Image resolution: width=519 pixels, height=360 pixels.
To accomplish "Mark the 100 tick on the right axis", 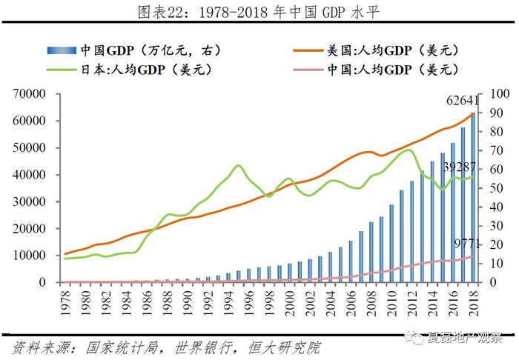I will (x=499, y=94).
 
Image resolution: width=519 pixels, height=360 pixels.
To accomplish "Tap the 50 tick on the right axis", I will (x=496, y=188).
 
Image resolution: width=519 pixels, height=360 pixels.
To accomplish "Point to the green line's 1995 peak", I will (x=237, y=166).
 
